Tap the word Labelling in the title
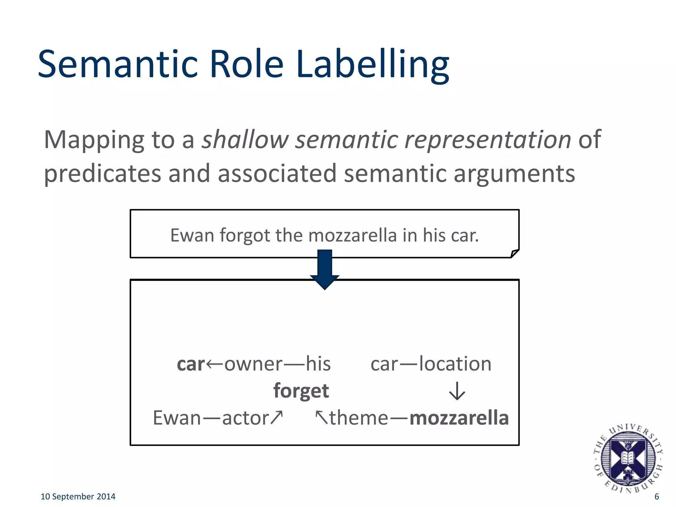372,64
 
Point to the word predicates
102,174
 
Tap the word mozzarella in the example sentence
352,235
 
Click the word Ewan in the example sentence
192,235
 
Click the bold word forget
301,391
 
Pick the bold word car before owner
191,364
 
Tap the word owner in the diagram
253,364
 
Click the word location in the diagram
455,364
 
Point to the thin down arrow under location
457,391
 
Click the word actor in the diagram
246,418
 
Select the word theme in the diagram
359,418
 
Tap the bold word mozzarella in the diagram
459,418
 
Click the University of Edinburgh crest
627,458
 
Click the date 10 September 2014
78,496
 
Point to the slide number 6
657,496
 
